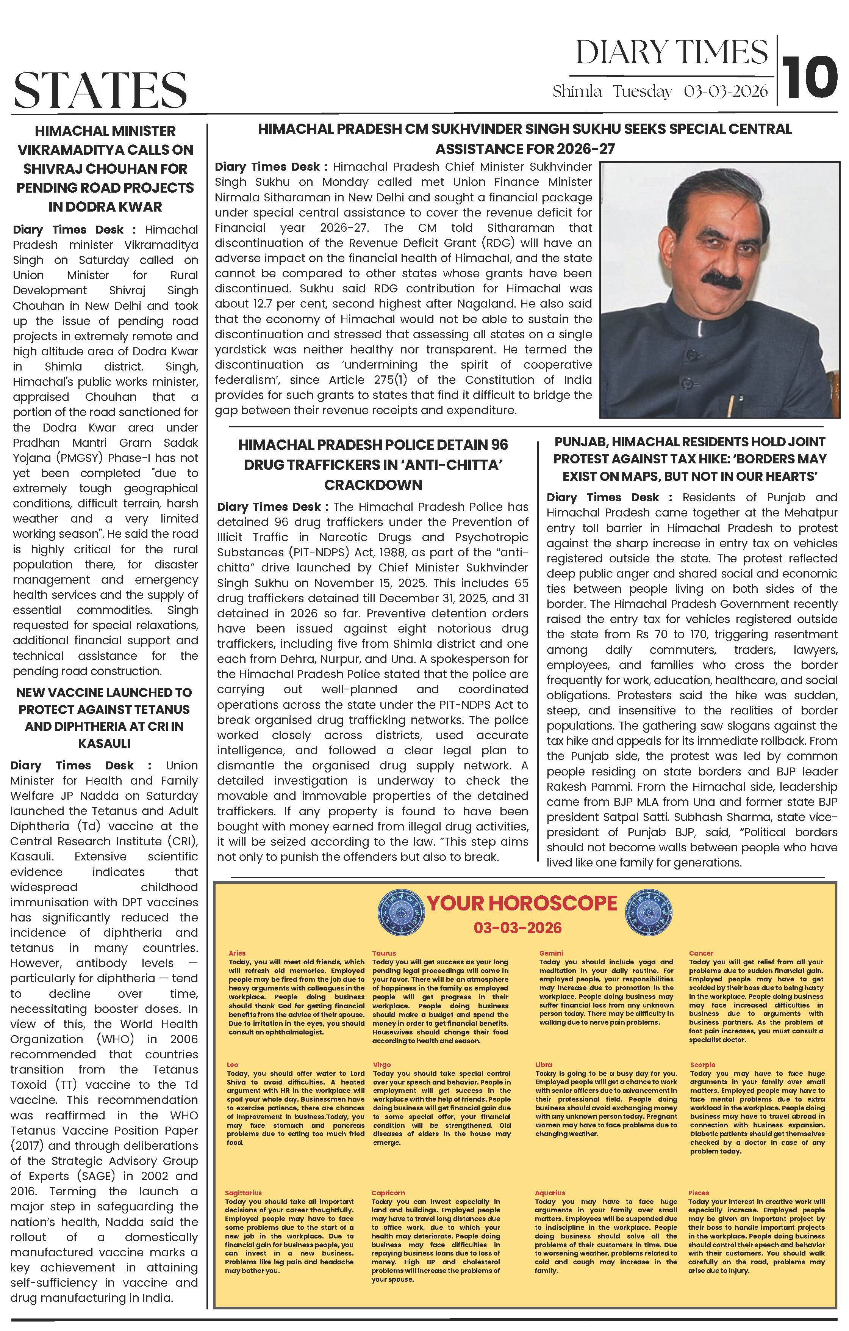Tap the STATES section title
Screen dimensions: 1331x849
click(100, 90)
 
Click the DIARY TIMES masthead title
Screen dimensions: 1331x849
click(672, 53)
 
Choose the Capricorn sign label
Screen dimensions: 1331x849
click(388, 1193)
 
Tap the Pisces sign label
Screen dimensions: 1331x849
click(698, 1193)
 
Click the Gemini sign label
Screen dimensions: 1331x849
click(551, 953)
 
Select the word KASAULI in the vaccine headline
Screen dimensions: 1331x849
click(104, 744)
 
